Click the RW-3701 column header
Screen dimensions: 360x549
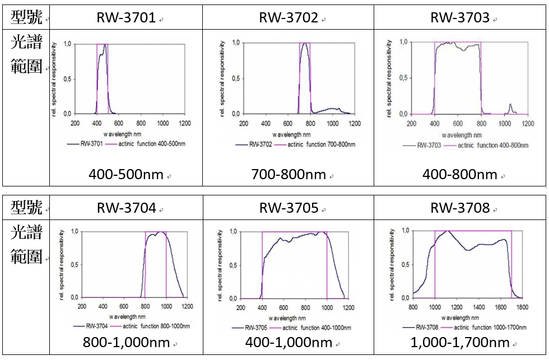pos(126,18)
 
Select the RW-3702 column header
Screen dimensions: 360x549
pos(288,18)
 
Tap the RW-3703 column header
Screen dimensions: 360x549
pos(459,18)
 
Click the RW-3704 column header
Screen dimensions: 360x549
pos(126,209)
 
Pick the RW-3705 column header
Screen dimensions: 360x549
pos(288,209)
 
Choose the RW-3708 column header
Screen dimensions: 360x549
pos(459,209)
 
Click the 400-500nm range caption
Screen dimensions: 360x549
pos(126,175)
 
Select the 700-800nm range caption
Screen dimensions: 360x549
pos(288,175)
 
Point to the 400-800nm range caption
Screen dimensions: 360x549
pos(459,175)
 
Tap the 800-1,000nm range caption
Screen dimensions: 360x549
pos(126,343)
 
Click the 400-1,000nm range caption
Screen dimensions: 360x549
pos(288,343)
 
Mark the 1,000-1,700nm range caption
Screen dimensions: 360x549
pos(459,343)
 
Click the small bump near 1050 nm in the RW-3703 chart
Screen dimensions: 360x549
pos(510,106)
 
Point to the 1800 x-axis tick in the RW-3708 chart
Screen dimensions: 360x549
pos(522,307)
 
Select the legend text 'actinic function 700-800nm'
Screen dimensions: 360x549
pos(322,144)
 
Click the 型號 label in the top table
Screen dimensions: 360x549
pos(26,17)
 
